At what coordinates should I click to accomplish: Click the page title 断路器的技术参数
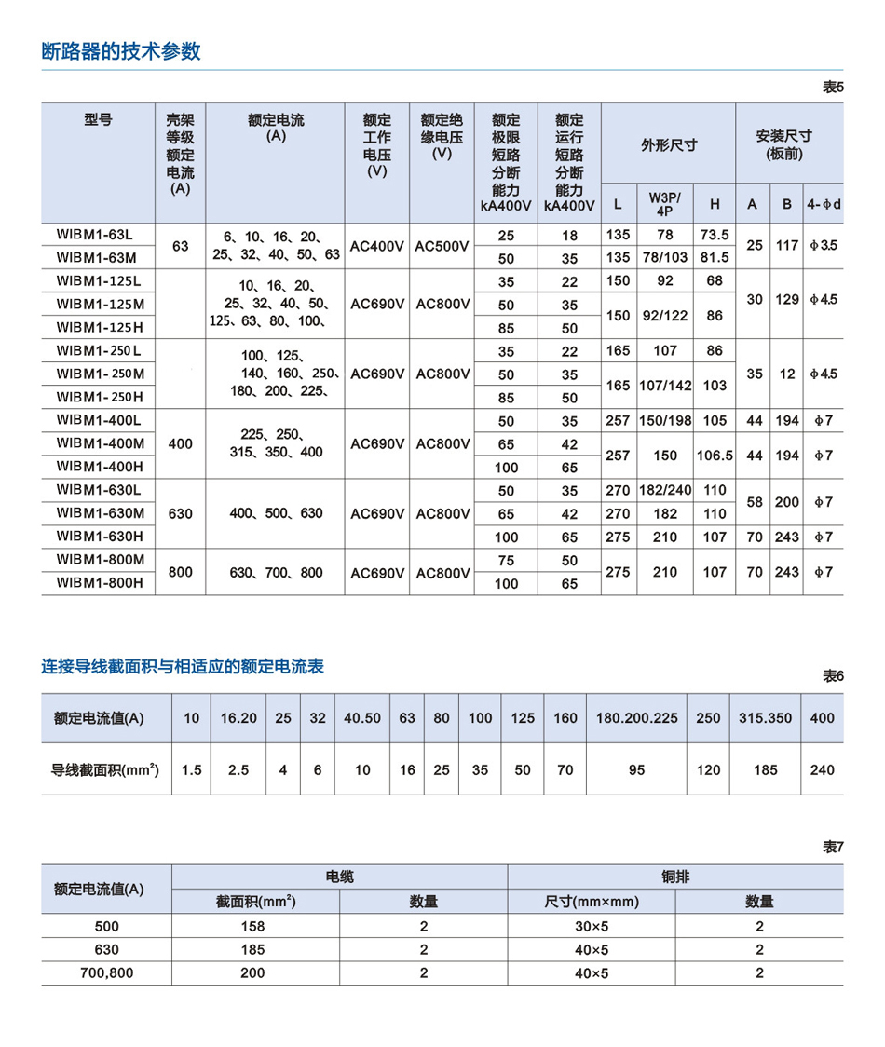pos(121,51)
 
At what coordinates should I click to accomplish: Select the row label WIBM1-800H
pos(100,583)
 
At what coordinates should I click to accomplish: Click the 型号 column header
pos(98,120)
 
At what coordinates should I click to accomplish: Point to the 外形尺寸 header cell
pos(668,144)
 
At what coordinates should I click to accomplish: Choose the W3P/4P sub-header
pos(665,203)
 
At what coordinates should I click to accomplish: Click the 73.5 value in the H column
pos(715,235)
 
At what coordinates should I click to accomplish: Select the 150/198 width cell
pos(665,421)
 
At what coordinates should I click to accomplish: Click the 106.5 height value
pos(715,456)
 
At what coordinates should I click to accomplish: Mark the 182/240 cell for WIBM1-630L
pos(665,490)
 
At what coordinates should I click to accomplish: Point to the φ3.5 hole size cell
pos(824,246)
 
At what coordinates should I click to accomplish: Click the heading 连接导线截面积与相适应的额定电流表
pos(183,666)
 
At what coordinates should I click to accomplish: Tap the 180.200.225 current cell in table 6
pos(636,718)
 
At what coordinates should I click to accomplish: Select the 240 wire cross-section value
pos(823,770)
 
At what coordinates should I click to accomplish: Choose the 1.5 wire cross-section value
pos(192,770)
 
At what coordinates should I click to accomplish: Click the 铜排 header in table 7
pos(674,877)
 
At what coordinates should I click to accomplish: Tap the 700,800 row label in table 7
pos(106,972)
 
